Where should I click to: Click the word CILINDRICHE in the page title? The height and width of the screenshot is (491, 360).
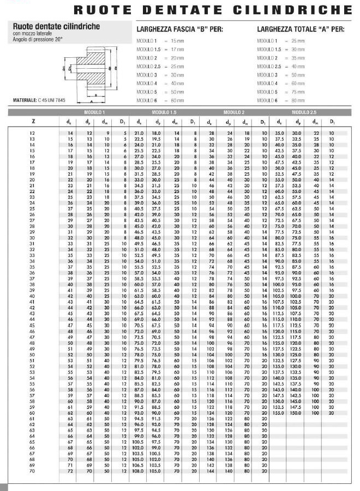[309, 10]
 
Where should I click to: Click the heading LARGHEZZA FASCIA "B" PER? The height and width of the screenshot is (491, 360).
[178, 29]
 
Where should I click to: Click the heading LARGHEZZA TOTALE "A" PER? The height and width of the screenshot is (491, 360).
[300, 29]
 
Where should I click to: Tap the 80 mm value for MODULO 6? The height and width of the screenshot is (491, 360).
[298, 100]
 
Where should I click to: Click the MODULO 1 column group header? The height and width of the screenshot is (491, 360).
[95, 112]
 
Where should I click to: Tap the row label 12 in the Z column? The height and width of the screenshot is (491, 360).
[34, 133]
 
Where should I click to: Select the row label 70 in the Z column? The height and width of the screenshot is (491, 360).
[34, 471]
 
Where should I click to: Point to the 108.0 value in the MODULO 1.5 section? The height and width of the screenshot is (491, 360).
[139, 471]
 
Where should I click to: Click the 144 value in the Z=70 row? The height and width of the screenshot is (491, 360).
[210, 471]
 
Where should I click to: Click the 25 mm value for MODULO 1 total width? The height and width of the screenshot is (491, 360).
[298, 41]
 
